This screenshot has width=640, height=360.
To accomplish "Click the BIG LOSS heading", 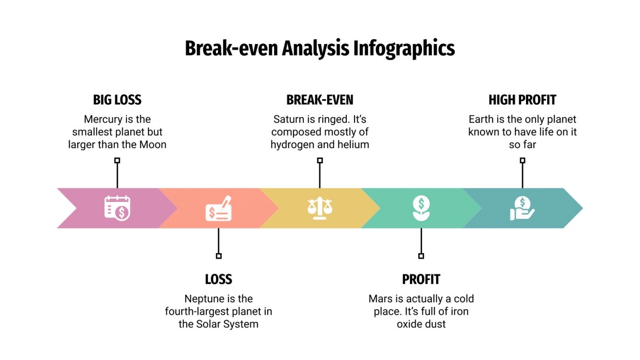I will (x=117, y=100).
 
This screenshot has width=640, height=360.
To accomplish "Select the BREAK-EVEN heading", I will (x=320, y=100).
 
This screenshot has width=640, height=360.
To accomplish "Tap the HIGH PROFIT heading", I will (x=522, y=100).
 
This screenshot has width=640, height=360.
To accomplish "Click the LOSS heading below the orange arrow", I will (x=218, y=279).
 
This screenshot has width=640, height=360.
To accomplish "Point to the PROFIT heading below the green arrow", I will (x=421, y=279).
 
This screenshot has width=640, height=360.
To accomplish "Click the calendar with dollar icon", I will (x=117, y=208).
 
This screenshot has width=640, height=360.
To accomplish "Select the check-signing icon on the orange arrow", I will (x=219, y=209).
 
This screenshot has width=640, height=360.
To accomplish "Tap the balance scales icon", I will (x=320, y=208).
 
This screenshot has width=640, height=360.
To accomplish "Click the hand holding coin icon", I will (x=522, y=208).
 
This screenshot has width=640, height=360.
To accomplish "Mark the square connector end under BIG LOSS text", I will (x=117, y=161).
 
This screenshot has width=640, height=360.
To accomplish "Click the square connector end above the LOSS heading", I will (x=218, y=256).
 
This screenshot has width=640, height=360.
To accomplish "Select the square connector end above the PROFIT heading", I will (x=421, y=256).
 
